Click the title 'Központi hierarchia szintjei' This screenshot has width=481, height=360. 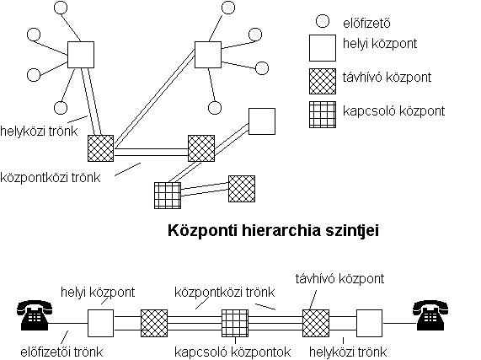[x=273, y=231]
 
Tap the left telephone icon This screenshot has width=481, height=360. [x=35, y=315]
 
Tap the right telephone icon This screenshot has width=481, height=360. [x=430, y=315]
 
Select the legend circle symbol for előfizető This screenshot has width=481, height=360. [x=323, y=21]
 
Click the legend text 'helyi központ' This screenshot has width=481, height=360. [x=380, y=44]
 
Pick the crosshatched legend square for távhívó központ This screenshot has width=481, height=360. [x=323, y=81]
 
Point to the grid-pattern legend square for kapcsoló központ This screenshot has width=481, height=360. [x=323, y=115]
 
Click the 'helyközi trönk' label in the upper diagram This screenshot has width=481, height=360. [x=39, y=131]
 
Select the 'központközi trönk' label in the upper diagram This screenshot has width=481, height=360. [x=51, y=177]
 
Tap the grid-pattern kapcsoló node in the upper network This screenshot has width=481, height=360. [x=168, y=196]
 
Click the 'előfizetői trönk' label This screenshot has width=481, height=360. [x=61, y=352]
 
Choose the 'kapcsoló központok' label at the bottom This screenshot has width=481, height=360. [x=232, y=352]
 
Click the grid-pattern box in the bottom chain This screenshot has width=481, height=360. [x=235, y=323]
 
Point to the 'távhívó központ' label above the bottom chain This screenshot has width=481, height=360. [x=339, y=279]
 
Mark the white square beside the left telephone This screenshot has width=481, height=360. [x=100, y=323]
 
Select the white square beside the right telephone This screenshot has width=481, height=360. [x=369, y=323]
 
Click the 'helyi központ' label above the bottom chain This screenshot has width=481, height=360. [x=98, y=292]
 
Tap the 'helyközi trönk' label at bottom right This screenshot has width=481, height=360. [x=348, y=352]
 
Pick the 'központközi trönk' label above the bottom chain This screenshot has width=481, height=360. [x=225, y=292]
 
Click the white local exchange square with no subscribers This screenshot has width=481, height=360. [x=262, y=121]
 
